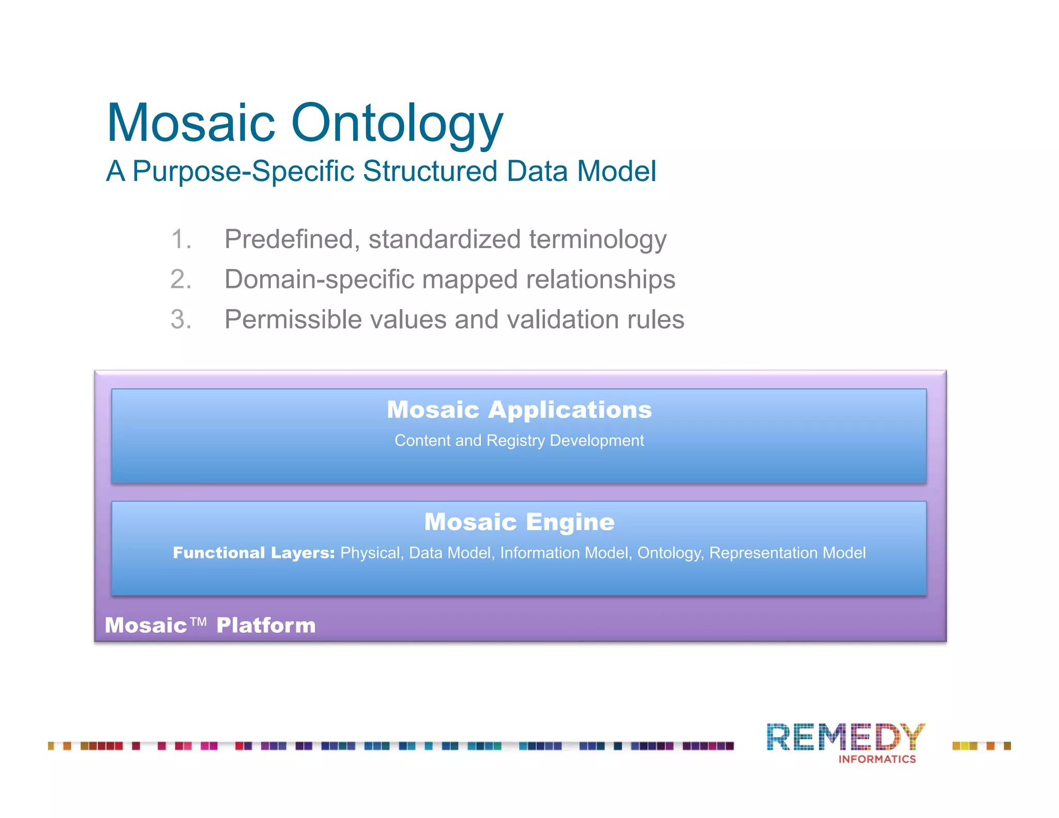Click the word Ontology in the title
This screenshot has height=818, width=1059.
(x=397, y=124)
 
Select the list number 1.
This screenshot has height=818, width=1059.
(x=181, y=239)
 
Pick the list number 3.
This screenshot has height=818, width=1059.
(x=181, y=320)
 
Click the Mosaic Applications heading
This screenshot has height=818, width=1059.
(x=519, y=410)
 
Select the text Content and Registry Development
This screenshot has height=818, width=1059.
(x=519, y=441)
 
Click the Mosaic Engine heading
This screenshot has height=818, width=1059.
(x=519, y=522)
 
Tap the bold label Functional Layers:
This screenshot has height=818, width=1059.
(x=254, y=553)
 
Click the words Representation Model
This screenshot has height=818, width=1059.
(x=787, y=553)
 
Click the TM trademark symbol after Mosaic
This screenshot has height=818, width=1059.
(x=198, y=622)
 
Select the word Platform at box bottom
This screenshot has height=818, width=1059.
(x=266, y=626)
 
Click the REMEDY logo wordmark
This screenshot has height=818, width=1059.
(x=845, y=737)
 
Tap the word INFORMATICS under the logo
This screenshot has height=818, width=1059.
(x=877, y=759)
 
